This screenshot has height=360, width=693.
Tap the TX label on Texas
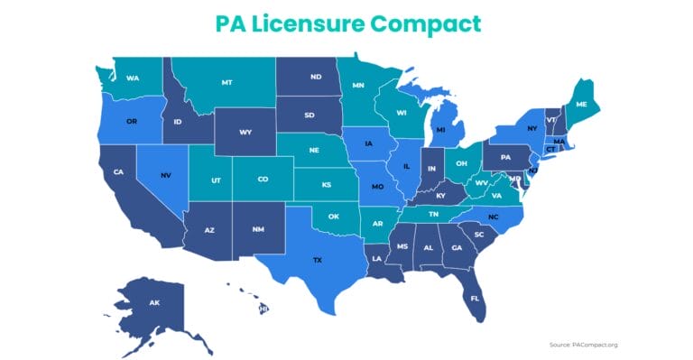(x=318, y=260)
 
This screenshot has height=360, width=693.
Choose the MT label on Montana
(x=227, y=82)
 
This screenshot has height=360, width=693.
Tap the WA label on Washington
(x=134, y=78)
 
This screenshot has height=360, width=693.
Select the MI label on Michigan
(x=441, y=130)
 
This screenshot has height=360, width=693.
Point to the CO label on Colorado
(x=263, y=180)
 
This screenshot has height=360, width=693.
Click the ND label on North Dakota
(x=315, y=77)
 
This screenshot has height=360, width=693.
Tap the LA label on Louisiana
(x=375, y=258)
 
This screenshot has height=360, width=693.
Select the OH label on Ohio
(x=461, y=164)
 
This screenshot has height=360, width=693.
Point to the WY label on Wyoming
(x=245, y=133)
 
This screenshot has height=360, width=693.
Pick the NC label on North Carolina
(x=493, y=217)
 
